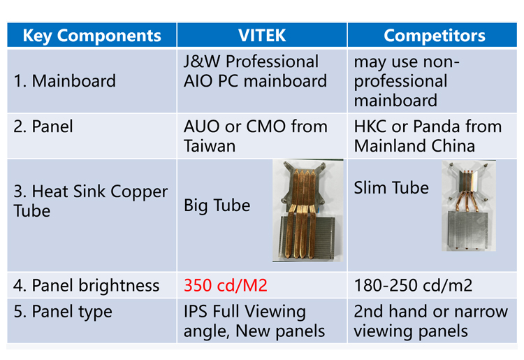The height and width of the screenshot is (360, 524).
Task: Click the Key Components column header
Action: [92, 36]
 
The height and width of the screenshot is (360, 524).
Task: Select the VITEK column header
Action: [262, 36]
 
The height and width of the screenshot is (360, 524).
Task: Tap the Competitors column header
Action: [434, 36]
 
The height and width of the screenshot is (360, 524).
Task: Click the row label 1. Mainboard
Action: [64, 81]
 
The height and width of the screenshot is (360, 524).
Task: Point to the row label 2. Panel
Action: [43, 127]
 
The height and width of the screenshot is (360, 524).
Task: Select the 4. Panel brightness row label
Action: [86, 285]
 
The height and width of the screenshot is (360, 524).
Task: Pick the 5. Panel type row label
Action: [63, 312]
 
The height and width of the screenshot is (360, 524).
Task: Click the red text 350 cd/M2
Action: [226, 285]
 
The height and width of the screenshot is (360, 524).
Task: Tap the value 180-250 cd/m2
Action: [413, 285]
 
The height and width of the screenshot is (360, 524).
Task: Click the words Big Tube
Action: [217, 206]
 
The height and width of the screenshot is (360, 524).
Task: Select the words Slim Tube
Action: [391, 187]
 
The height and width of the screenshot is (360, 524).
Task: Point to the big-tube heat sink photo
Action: [308, 210]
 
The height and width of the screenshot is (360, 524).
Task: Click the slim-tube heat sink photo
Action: [469, 206]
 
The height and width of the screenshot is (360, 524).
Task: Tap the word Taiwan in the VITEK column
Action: [210, 146]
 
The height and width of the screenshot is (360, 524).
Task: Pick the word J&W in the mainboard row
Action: [202, 62]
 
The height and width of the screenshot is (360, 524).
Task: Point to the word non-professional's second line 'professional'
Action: [400, 82]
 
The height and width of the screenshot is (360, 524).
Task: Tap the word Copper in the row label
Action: [139, 192]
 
